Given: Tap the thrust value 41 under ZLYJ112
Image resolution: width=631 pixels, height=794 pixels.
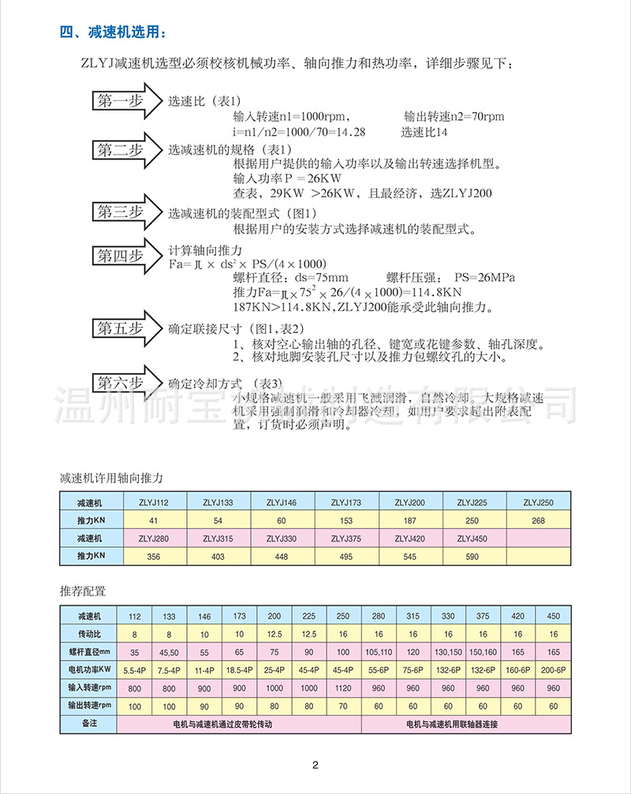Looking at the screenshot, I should coord(153,520).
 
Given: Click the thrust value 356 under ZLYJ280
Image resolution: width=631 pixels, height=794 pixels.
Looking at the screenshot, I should coord(153,557).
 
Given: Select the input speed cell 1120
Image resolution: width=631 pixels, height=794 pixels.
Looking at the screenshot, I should coord(343,687).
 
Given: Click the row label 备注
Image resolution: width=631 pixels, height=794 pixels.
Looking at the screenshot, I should coord(88,724).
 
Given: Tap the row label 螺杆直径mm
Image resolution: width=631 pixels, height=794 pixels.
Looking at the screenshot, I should coord(88,652).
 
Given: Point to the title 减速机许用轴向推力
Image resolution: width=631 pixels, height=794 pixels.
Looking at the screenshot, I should coord(110,478).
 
